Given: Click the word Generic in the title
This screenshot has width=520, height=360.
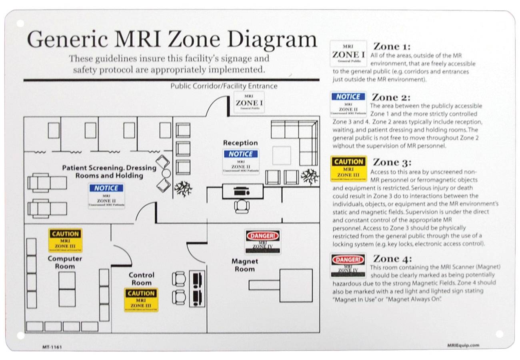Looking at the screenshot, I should (x=67, y=40).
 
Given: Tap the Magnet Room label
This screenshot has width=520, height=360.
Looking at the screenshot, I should (x=244, y=265).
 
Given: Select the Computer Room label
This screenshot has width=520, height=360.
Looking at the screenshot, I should (x=65, y=262).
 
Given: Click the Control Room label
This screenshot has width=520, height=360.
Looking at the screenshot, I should (x=141, y=279).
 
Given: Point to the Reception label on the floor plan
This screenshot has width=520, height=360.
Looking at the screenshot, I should (x=240, y=143).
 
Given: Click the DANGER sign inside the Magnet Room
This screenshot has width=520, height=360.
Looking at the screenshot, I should (x=263, y=241).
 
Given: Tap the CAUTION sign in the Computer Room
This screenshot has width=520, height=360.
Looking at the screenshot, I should (x=66, y=240).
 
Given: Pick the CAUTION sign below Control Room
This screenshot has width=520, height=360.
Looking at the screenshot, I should (x=141, y=299).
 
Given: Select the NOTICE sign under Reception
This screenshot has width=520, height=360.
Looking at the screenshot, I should (x=241, y=161).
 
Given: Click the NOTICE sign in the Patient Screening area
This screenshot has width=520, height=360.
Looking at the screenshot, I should (x=106, y=195).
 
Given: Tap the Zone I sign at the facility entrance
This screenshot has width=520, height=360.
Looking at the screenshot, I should (x=249, y=102).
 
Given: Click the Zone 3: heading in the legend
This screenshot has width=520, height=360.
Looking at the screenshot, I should (x=392, y=162).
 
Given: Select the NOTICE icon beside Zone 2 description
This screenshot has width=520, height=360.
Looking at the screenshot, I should (x=348, y=104).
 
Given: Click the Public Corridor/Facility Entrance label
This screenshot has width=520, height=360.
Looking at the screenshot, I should (x=224, y=86).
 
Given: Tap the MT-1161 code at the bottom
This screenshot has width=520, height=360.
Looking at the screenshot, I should (x=52, y=347).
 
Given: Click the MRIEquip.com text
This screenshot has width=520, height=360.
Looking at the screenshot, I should (x=462, y=346).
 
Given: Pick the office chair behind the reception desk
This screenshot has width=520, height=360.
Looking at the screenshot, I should (x=242, y=206).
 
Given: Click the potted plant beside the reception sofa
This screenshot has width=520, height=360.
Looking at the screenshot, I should (x=310, y=176).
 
